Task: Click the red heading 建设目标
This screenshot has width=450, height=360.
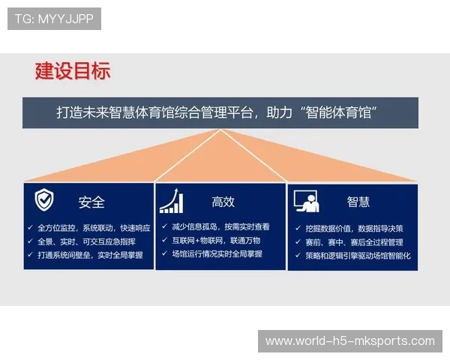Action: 73,71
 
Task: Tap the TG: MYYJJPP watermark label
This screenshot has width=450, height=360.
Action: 53,19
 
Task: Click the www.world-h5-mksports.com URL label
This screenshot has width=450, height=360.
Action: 350,341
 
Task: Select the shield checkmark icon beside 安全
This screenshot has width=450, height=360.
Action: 44,200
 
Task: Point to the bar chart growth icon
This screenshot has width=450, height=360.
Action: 172,201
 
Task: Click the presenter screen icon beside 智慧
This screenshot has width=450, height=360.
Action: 306,201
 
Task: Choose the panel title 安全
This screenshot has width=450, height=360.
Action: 91,202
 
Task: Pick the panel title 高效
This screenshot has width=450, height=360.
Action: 223,202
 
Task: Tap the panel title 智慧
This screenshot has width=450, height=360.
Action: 358,202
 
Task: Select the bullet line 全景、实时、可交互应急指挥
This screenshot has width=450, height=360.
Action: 86,241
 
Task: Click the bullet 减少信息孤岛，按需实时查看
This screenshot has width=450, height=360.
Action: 220,226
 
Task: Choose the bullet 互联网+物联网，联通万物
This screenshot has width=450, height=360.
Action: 215,240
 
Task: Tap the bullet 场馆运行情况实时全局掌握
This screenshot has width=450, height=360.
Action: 217,254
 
